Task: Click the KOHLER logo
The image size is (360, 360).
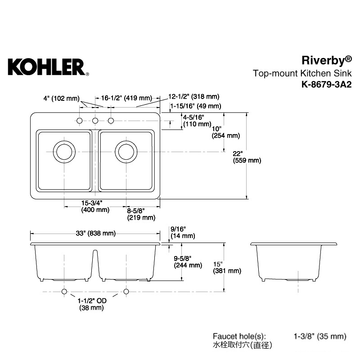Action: pos(49,67)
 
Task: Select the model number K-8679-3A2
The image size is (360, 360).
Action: pos(327,85)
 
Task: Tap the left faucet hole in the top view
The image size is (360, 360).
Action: pos(80,121)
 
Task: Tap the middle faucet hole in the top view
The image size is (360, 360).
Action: pos(95,121)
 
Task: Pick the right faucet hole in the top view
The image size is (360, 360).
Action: pos(111,121)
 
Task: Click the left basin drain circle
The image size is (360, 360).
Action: pos(64,152)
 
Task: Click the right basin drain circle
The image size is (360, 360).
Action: pos(126,152)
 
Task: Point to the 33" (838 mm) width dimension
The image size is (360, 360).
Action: pos(96,233)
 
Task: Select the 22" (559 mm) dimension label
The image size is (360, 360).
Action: pos(247,157)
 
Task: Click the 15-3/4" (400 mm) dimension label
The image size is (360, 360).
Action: pos(95,206)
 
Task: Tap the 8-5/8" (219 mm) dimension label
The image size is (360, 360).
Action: pos(141,214)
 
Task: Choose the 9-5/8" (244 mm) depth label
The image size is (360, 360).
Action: pos(188,262)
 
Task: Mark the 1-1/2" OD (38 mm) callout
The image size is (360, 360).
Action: pos(92,304)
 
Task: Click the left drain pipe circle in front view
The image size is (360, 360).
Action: pos(64,292)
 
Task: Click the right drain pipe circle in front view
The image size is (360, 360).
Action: pos(126,292)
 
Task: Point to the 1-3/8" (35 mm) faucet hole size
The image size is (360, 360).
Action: pos(320,336)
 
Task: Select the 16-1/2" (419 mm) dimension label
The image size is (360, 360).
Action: pos(126,98)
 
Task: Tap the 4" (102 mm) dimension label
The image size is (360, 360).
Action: pos(62,99)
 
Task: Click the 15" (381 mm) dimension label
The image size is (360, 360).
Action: pos(227,267)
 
